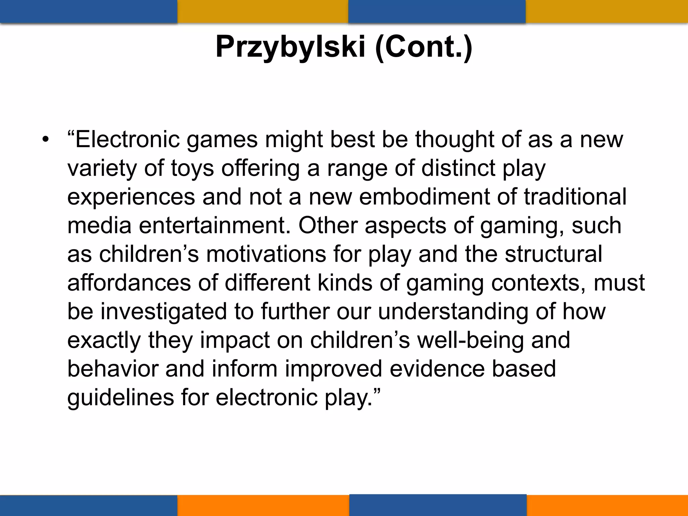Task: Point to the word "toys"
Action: [192, 168]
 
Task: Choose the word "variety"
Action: [102, 168]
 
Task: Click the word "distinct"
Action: [458, 168]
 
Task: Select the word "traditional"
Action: [575, 197]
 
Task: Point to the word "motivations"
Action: [266, 254]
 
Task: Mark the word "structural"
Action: [553, 254]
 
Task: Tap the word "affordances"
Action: [129, 283]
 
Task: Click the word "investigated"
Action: [164, 311]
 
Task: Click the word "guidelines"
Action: [121, 397]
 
